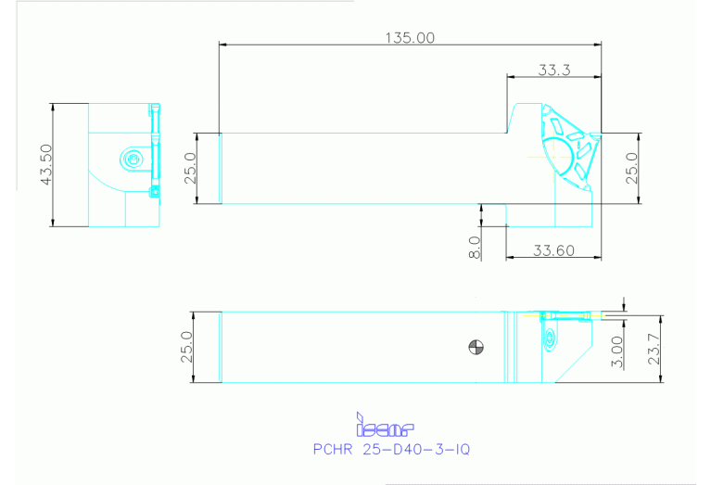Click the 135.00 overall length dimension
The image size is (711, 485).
tap(409, 37)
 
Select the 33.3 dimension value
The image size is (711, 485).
tap(552, 70)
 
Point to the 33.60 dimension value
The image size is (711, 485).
tap(552, 249)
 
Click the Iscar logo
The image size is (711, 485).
tap(384, 427)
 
